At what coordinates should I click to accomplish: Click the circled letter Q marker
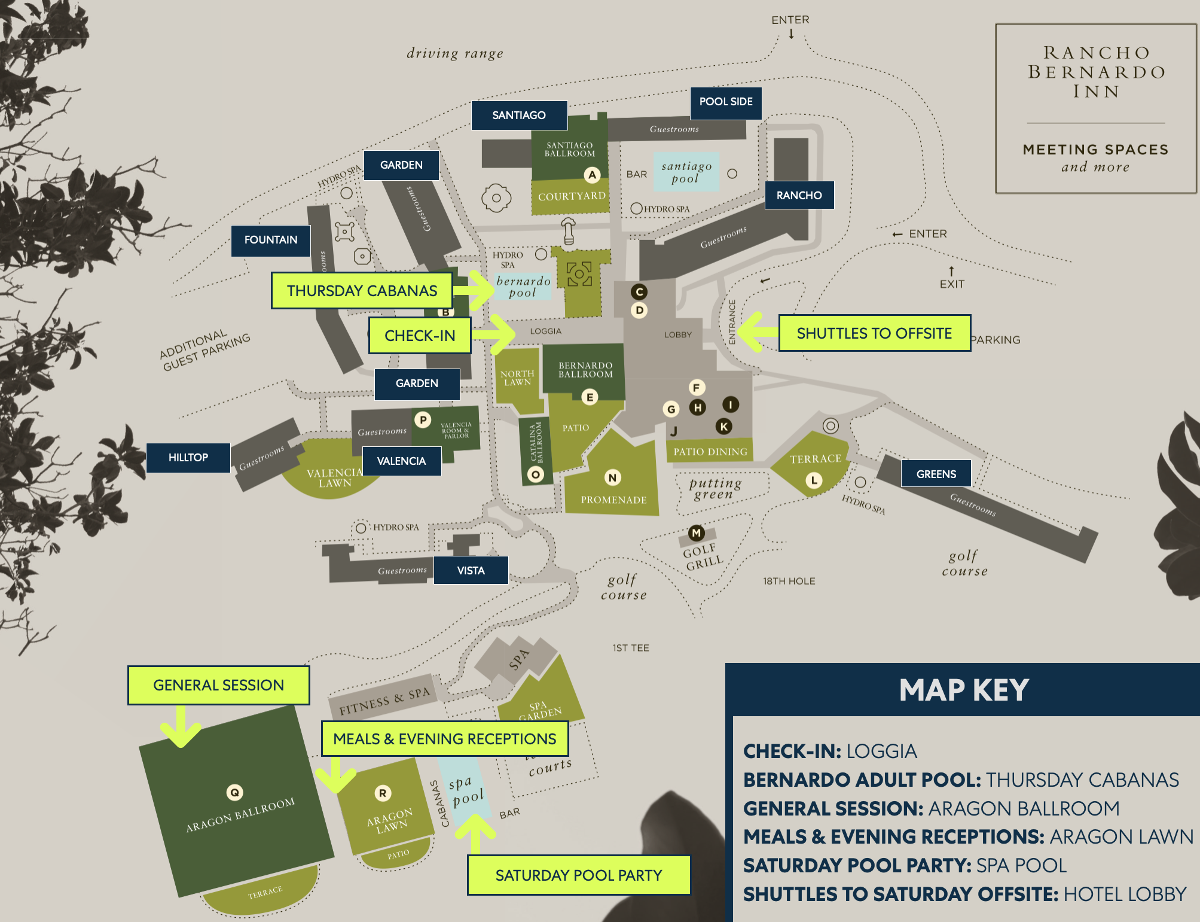pos(234,793)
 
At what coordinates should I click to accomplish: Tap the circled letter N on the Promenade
pos(612,477)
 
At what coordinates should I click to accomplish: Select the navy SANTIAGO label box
pos(519,115)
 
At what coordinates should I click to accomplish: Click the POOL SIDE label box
pos(726,102)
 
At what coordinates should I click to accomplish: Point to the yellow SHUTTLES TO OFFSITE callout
pos(874,333)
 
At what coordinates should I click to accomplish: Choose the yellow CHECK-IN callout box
pos(420,336)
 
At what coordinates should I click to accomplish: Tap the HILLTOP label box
pos(188,458)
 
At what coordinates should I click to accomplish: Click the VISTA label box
pos(471,570)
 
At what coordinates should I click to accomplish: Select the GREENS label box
pos(936,474)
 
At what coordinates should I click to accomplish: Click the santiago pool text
pos(686,172)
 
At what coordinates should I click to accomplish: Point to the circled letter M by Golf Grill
pos(696,532)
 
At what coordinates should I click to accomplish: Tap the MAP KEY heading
pos(964,690)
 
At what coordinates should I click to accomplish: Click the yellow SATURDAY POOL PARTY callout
pos(579,875)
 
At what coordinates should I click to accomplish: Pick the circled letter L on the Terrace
pos(814,480)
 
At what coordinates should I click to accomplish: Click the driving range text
pos(455,54)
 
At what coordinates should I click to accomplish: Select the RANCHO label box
pos(799,195)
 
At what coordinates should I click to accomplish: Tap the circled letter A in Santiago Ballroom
pos(592,175)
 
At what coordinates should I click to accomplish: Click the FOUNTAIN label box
pos(271,240)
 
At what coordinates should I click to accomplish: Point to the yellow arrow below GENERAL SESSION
pos(181,727)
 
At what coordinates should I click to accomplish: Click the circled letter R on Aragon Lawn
pos(383,793)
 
